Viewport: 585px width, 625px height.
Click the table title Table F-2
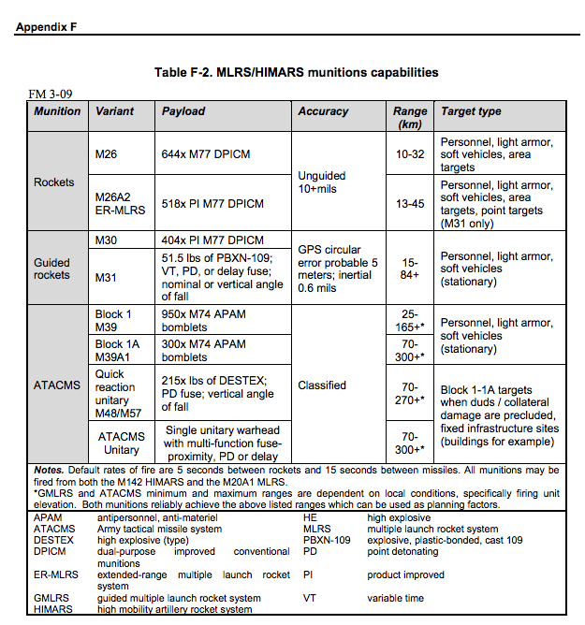pyautogui.click(x=296, y=72)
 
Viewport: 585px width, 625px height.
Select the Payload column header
pyautogui.click(x=183, y=111)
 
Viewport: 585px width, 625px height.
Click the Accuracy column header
pyautogui.click(x=323, y=111)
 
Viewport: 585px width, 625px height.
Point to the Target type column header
pyautogui.click(x=471, y=111)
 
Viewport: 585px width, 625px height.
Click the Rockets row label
pyautogui.click(x=53, y=182)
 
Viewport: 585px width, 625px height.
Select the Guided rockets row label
pyautogui.click(x=52, y=269)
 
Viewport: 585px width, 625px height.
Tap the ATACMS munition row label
pyautogui.click(x=56, y=385)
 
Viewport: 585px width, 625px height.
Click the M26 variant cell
pyautogui.click(x=106, y=153)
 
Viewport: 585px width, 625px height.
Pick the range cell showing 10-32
pyautogui.click(x=410, y=153)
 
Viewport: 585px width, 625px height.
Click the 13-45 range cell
pyautogui.click(x=410, y=203)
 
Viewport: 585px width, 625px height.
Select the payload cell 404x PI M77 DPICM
pyautogui.click(x=212, y=240)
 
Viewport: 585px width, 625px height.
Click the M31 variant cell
pyautogui.click(x=105, y=276)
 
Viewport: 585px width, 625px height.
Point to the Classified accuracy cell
pyautogui.click(x=322, y=385)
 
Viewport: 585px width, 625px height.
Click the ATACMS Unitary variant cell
pyautogui.click(x=122, y=443)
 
